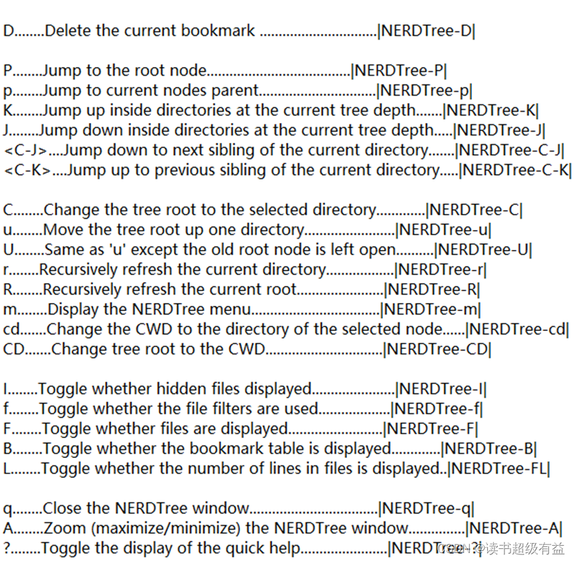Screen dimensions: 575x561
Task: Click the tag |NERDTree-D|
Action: pos(426,31)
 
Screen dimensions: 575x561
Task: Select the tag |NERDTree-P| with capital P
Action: pos(399,70)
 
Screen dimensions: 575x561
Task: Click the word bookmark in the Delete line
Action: pos(222,31)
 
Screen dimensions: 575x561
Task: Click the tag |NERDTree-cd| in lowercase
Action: pos(518,329)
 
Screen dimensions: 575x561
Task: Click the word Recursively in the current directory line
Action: pos(82,270)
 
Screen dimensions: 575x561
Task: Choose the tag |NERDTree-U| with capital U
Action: pos(483,250)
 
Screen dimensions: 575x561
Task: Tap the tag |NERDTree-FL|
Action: pos(499,469)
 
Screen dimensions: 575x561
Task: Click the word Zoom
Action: pos(65,528)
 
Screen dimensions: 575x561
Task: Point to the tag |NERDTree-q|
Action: pos(426,508)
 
